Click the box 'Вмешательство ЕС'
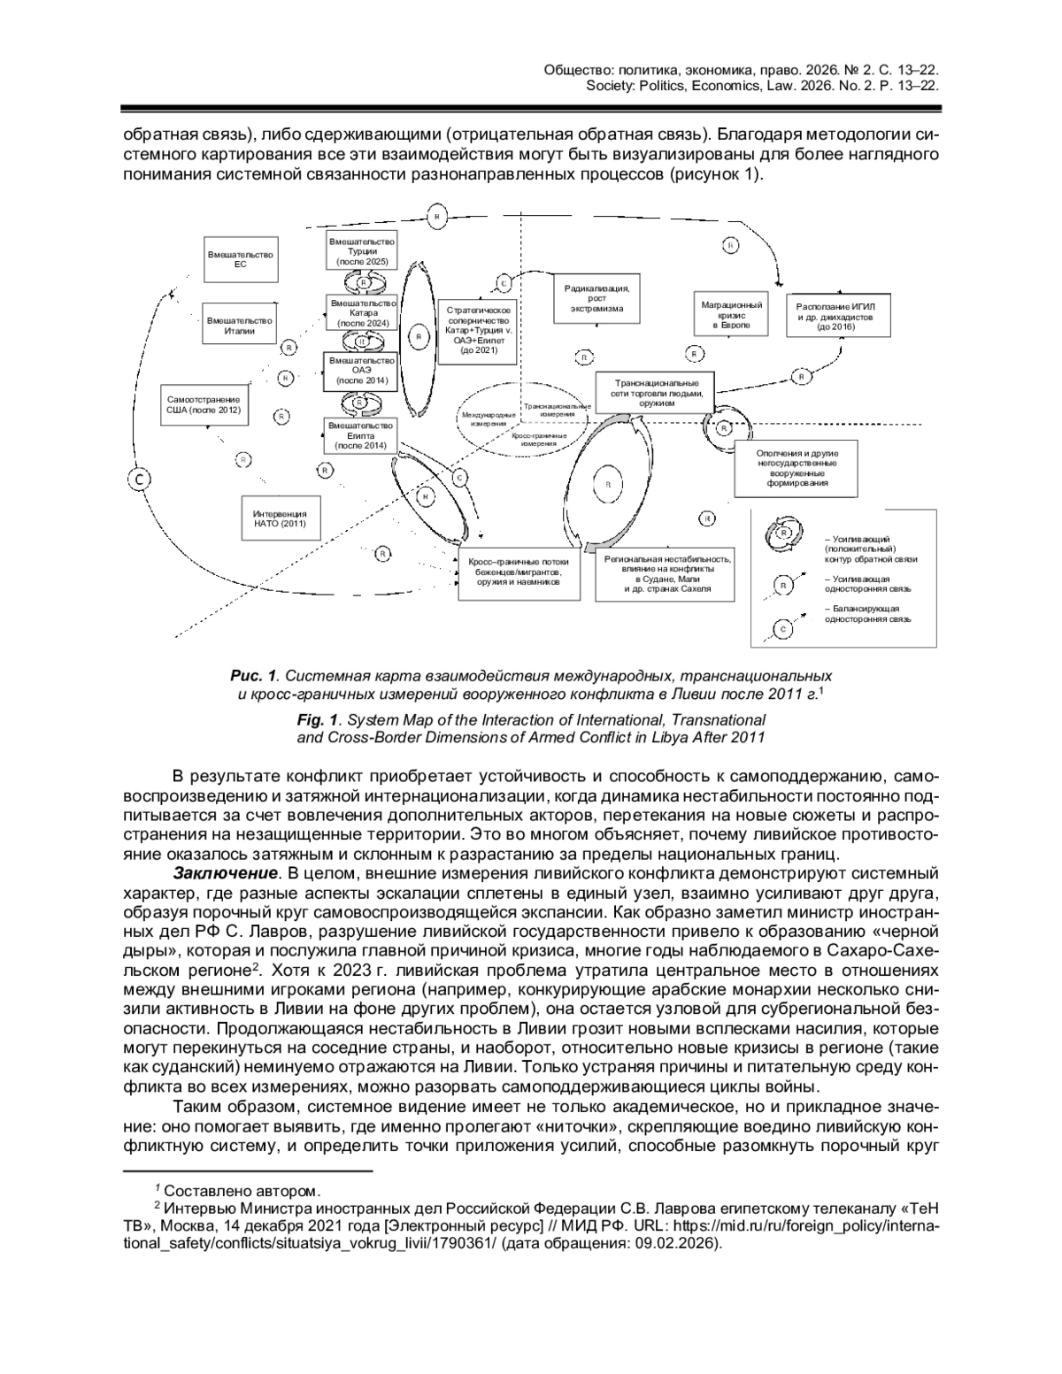[240, 259]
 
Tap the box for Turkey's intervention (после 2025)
[362, 251]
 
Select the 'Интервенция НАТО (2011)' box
[280, 518]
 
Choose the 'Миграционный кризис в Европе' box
[731, 315]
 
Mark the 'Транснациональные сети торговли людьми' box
[658, 393]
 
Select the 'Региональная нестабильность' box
[666, 573]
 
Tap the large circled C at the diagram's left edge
[140, 479]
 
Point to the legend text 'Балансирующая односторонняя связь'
[867, 614]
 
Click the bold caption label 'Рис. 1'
[254, 676]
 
